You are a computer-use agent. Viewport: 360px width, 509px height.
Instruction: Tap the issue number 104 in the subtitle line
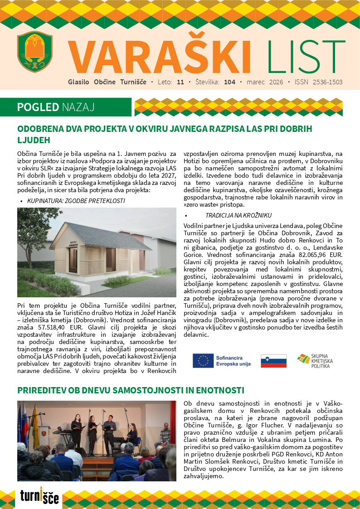[x=230, y=82]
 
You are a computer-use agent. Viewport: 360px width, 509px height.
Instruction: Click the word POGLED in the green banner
[x=38, y=107]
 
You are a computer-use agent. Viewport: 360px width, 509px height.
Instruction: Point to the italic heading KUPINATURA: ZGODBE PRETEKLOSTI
[x=76, y=200]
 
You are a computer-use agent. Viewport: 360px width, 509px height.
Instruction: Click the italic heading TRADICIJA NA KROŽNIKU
[x=238, y=215]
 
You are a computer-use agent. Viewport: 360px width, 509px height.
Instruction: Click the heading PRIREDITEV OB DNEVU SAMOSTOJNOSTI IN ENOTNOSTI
[x=131, y=390]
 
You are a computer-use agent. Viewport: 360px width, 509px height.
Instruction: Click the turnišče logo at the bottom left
[x=39, y=496]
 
